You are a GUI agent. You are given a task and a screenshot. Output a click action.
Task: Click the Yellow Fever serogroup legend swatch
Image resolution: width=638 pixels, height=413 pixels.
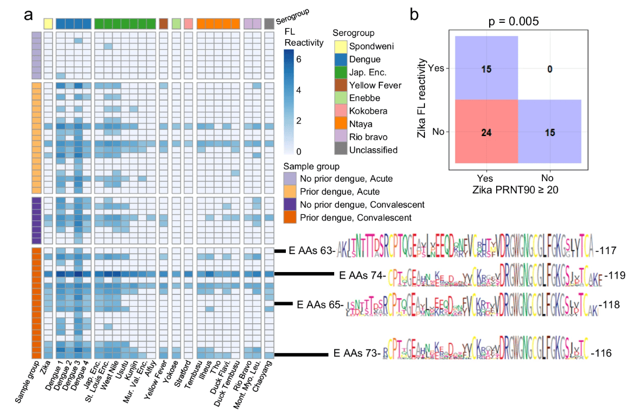[341, 85]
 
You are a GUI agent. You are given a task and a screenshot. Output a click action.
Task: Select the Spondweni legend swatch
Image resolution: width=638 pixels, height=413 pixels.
[341, 46]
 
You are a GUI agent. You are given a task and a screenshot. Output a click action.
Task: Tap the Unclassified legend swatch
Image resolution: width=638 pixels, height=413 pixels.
[341, 150]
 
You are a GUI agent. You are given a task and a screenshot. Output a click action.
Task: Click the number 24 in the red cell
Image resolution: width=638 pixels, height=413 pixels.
[486, 131]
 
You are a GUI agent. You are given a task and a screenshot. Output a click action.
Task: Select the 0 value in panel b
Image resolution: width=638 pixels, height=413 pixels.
[550, 68]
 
